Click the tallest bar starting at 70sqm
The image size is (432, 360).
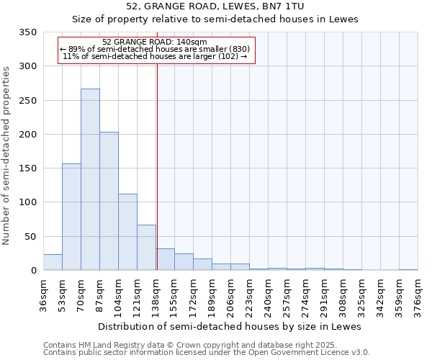point(90,180)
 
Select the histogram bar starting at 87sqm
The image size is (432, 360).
point(109,202)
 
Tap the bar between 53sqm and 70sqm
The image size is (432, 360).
point(71,217)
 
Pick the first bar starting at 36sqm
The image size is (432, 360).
point(53,262)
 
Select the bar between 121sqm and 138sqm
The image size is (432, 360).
point(146,248)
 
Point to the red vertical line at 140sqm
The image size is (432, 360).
point(157,166)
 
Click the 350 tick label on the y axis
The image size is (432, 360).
point(27,32)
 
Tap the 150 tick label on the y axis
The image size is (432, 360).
point(27,168)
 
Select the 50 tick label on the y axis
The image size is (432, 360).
point(30,236)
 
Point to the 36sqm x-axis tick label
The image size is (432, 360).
point(43,296)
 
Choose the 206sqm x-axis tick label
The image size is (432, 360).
point(230,296)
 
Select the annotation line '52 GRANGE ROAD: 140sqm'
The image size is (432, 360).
point(155,42)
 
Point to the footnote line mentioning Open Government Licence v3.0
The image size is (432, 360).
point(207,353)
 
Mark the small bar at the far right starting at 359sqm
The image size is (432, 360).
point(408,269)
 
